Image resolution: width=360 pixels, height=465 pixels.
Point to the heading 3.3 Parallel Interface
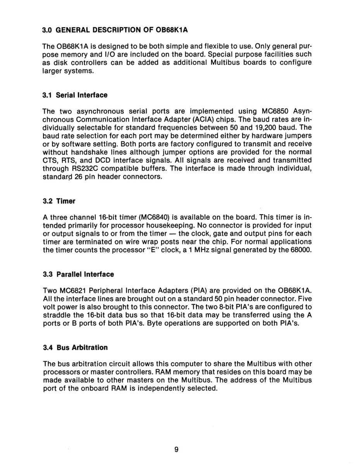pos(79,274)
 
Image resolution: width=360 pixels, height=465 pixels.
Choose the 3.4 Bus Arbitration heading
pos(76,347)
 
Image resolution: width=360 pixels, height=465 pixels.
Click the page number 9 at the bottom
pos(177,449)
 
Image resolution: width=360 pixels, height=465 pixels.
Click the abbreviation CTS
pos(50,160)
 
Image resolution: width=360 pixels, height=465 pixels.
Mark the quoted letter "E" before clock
pos(152,250)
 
